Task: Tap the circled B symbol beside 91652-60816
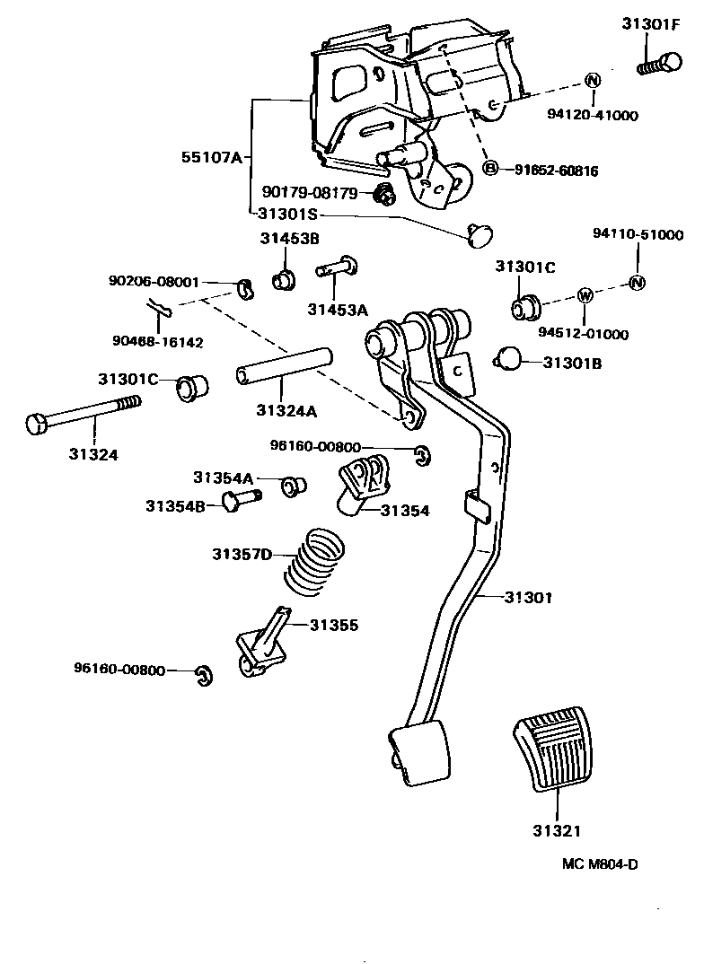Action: point(491,168)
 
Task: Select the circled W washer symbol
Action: point(585,295)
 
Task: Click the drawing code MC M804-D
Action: point(601,864)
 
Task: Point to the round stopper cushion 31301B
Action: point(510,359)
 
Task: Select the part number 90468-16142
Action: point(158,342)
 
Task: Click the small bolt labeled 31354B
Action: point(240,499)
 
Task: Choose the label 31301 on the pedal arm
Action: point(529,596)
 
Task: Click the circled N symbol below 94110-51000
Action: point(637,283)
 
